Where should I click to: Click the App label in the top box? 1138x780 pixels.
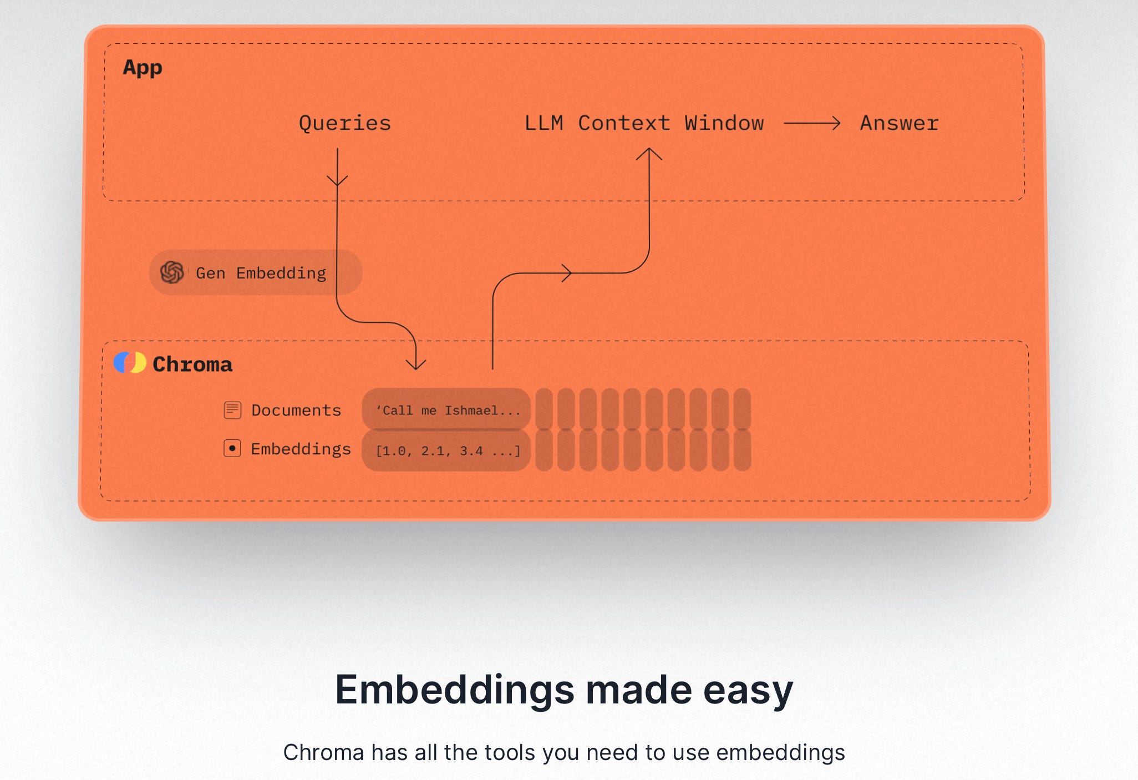pyautogui.click(x=143, y=68)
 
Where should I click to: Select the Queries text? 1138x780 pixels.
pyautogui.click(x=344, y=123)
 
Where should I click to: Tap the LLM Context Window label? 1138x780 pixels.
pyautogui.click(x=644, y=123)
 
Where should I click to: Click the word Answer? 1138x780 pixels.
pyautogui.click(x=899, y=123)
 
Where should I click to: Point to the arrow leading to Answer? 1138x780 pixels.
pyautogui.click(x=812, y=123)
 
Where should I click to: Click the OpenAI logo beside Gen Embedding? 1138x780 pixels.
pyautogui.click(x=172, y=272)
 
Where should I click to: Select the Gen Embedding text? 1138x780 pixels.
pyautogui.click(x=261, y=273)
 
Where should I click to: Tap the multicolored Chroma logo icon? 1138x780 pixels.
pyautogui.click(x=130, y=363)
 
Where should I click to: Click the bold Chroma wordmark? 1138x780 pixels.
pyautogui.click(x=192, y=364)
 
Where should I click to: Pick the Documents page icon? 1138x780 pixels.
pyautogui.click(x=232, y=410)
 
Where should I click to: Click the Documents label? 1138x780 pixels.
pyautogui.click(x=296, y=411)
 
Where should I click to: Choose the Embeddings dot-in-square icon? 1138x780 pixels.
pyautogui.click(x=232, y=448)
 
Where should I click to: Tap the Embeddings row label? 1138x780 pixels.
pyautogui.click(x=301, y=449)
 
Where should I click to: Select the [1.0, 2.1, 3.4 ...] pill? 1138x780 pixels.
pyautogui.click(x=446, y=450)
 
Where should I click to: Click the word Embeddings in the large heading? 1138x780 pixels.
pyautogui.click(x=455, y=690)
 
